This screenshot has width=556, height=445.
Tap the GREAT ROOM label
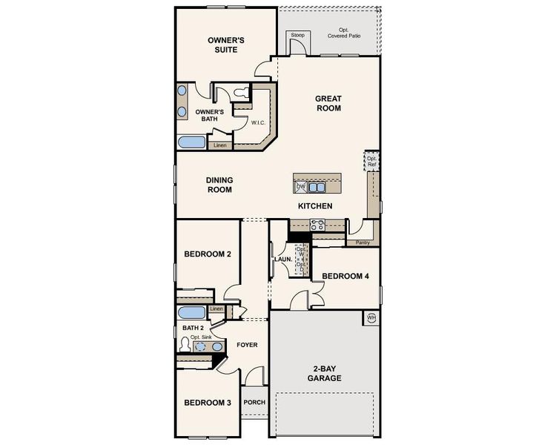tap(328, 103)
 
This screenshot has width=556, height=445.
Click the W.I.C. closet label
tap(259, 122)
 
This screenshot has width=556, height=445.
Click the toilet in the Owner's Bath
tap(242, 91)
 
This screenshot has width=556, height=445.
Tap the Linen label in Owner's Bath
tap(220, 145)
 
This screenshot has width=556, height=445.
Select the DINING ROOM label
tap(219, 185)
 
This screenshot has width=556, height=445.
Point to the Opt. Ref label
tap(372, 162)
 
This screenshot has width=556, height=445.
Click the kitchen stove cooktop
tap(317, 225)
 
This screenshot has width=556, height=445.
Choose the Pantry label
tap(363, 243)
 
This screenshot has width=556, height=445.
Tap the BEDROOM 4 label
tap(345, 276)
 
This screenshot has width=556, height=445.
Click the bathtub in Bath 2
tap(191, 312)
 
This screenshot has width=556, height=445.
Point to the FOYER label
tap(247, 345)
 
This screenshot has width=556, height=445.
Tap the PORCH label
tap(254, 403)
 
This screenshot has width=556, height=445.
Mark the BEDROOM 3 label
tap(208, 403)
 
